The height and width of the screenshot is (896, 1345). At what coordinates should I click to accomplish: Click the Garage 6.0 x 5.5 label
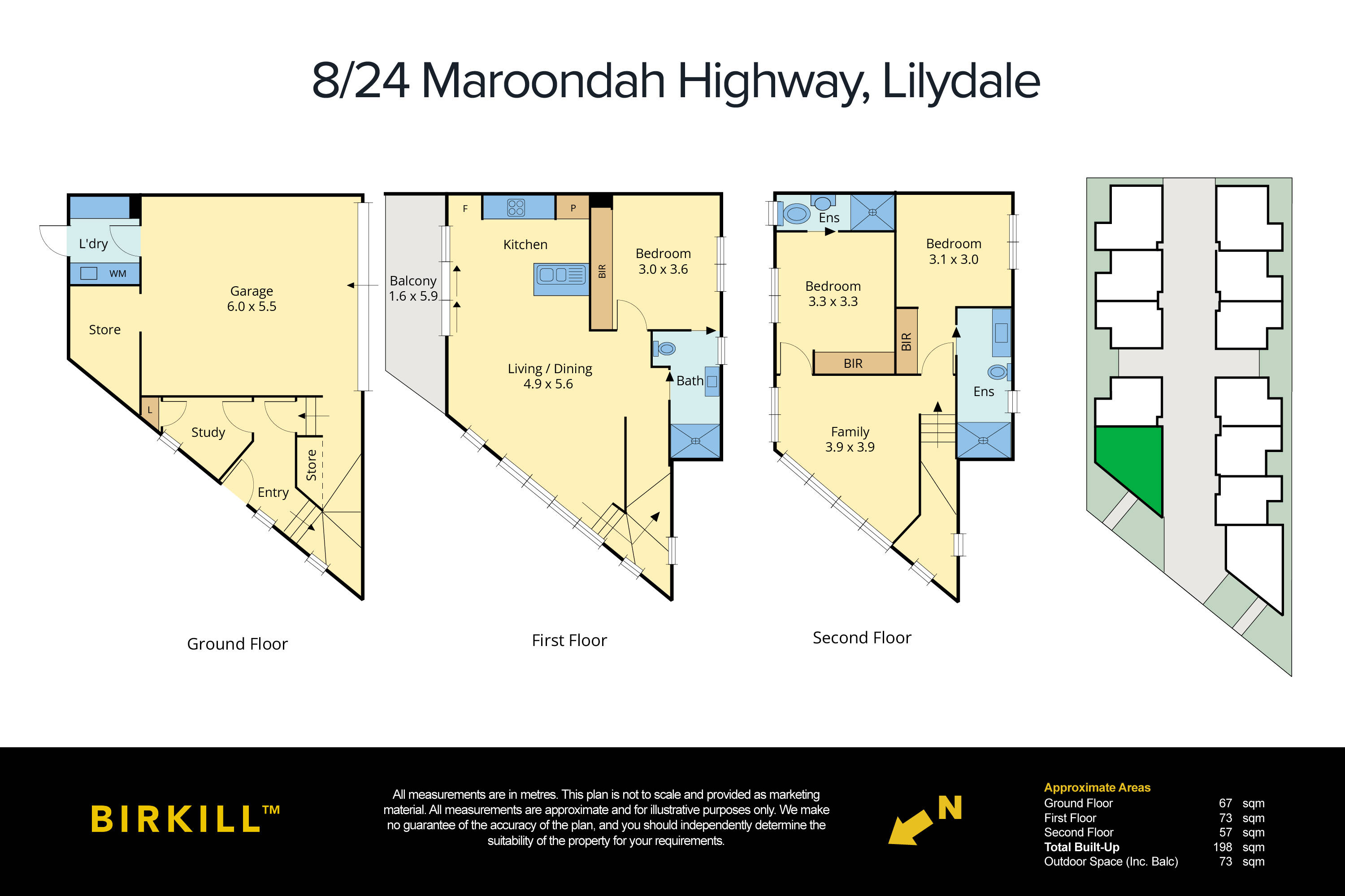[252, 298]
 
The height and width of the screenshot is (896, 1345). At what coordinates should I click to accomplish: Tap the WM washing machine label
[118, 274]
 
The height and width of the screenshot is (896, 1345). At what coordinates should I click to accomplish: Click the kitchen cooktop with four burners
[516, 207]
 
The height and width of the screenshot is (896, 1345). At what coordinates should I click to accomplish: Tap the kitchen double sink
[561, 276]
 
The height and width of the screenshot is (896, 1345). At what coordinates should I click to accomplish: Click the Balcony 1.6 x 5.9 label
[413, 288]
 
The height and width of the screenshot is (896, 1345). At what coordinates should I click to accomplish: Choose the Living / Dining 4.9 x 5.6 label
[550, 376]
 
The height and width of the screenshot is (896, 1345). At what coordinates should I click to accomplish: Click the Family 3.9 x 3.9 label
[850, 439]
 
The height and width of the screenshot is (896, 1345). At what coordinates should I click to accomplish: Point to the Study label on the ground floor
[208, 432]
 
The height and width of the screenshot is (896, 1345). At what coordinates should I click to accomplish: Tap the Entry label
[273, 492]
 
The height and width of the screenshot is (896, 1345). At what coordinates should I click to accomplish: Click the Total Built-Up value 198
[1222, 847]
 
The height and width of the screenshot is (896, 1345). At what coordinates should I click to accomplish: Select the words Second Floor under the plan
[862, 637]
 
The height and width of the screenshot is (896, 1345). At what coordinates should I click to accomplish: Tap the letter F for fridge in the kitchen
[465, 209]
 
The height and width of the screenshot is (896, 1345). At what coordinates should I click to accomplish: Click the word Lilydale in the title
[961, 81]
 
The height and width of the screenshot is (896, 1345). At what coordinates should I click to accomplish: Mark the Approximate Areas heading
[1097, 788]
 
